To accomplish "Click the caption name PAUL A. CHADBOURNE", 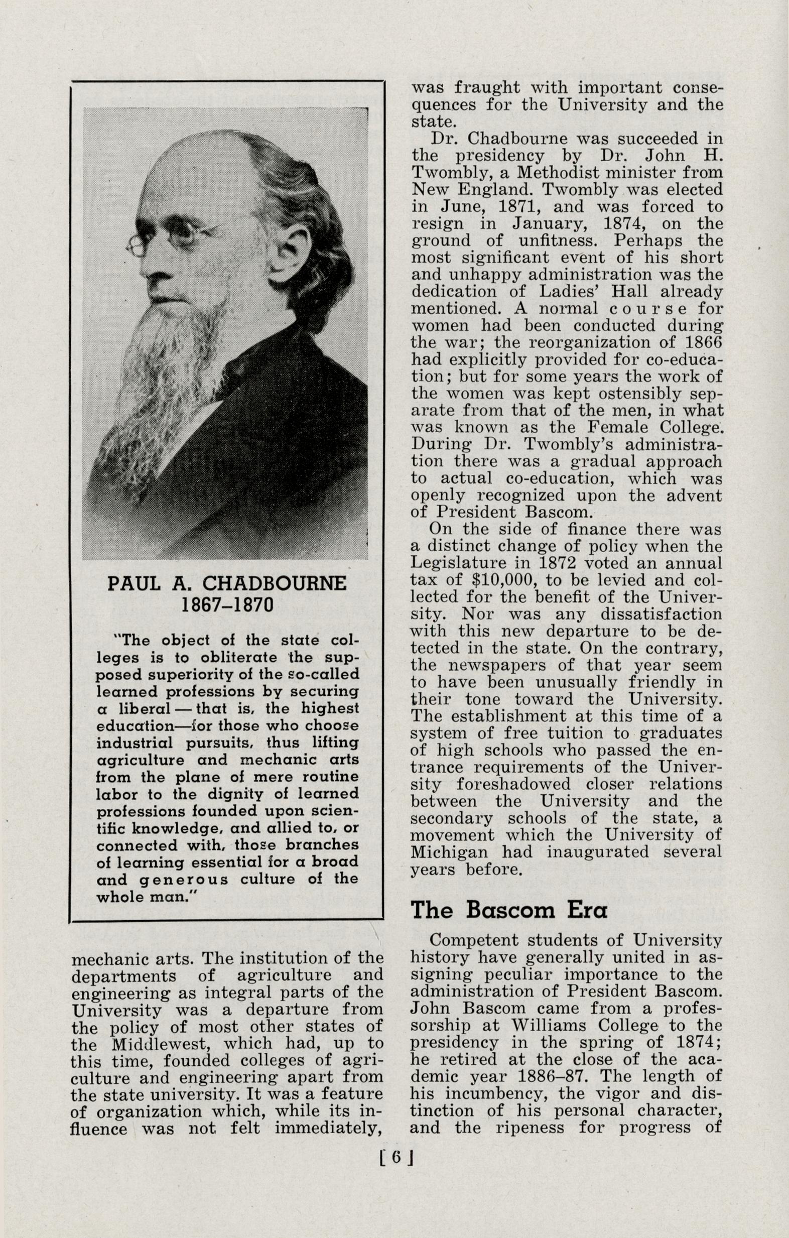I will [x=227, y=584].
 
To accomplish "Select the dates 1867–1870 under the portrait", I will [x=227, y=604].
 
